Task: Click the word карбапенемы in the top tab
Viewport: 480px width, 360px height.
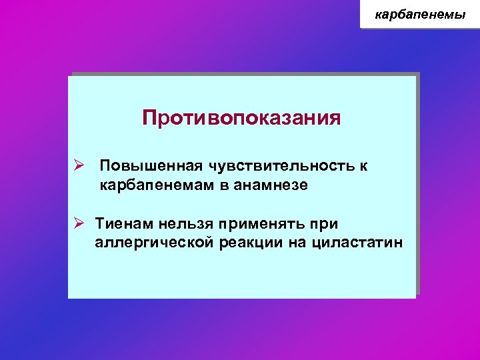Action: point(420,14)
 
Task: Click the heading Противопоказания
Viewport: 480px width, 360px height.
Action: point(241,118)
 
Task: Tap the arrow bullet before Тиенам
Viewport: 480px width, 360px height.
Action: point(79,221)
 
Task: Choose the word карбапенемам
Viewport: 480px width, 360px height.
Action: point(156,186)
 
